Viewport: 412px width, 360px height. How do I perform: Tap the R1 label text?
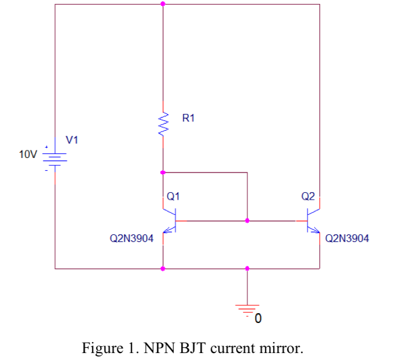pos(189,119)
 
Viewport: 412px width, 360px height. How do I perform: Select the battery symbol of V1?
pos(55,158)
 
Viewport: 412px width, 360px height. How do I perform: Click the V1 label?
pos(72,139)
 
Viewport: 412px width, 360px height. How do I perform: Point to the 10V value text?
pos(27,155)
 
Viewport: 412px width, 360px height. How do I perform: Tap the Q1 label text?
pos(173,196)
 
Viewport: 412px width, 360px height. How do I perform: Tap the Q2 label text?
pos(308,196)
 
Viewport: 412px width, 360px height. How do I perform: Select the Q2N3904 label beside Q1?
pos(132,238)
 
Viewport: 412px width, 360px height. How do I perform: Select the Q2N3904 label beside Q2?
pos(347,238)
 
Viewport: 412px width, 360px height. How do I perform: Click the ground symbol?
pos(248,307)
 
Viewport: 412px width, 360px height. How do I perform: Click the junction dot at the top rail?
pos(163,4)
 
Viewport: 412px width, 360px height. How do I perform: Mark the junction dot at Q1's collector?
pos(163,172)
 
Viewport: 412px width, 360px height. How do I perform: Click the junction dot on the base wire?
pos(248,221)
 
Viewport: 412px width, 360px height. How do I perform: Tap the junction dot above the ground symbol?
pos(248,269)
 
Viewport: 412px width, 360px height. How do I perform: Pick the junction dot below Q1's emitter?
pos(163,269)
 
